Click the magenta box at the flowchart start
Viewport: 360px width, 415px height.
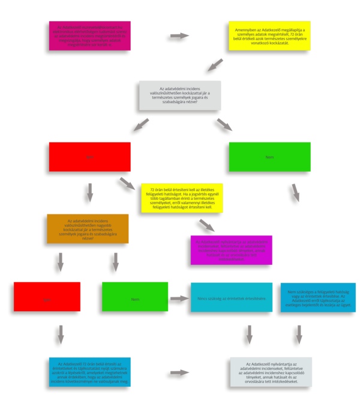[x=87, y=37]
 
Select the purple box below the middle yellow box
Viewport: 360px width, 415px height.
[x=231, y=250]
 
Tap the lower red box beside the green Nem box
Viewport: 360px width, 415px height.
[x=47, y=297]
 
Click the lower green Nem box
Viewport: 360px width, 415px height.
[x=134, y=297]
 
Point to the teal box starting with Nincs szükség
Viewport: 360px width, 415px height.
[x=232, y=297]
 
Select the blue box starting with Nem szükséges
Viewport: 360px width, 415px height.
[x=318, y=297]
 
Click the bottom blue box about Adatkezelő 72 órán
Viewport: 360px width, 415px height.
[x=87, y=372]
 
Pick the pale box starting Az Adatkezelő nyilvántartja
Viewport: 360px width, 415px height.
[x=267, y=372]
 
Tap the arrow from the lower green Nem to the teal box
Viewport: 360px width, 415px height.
[x=178, y=297]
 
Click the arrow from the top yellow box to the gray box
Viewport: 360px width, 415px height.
[x=214, y=64]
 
